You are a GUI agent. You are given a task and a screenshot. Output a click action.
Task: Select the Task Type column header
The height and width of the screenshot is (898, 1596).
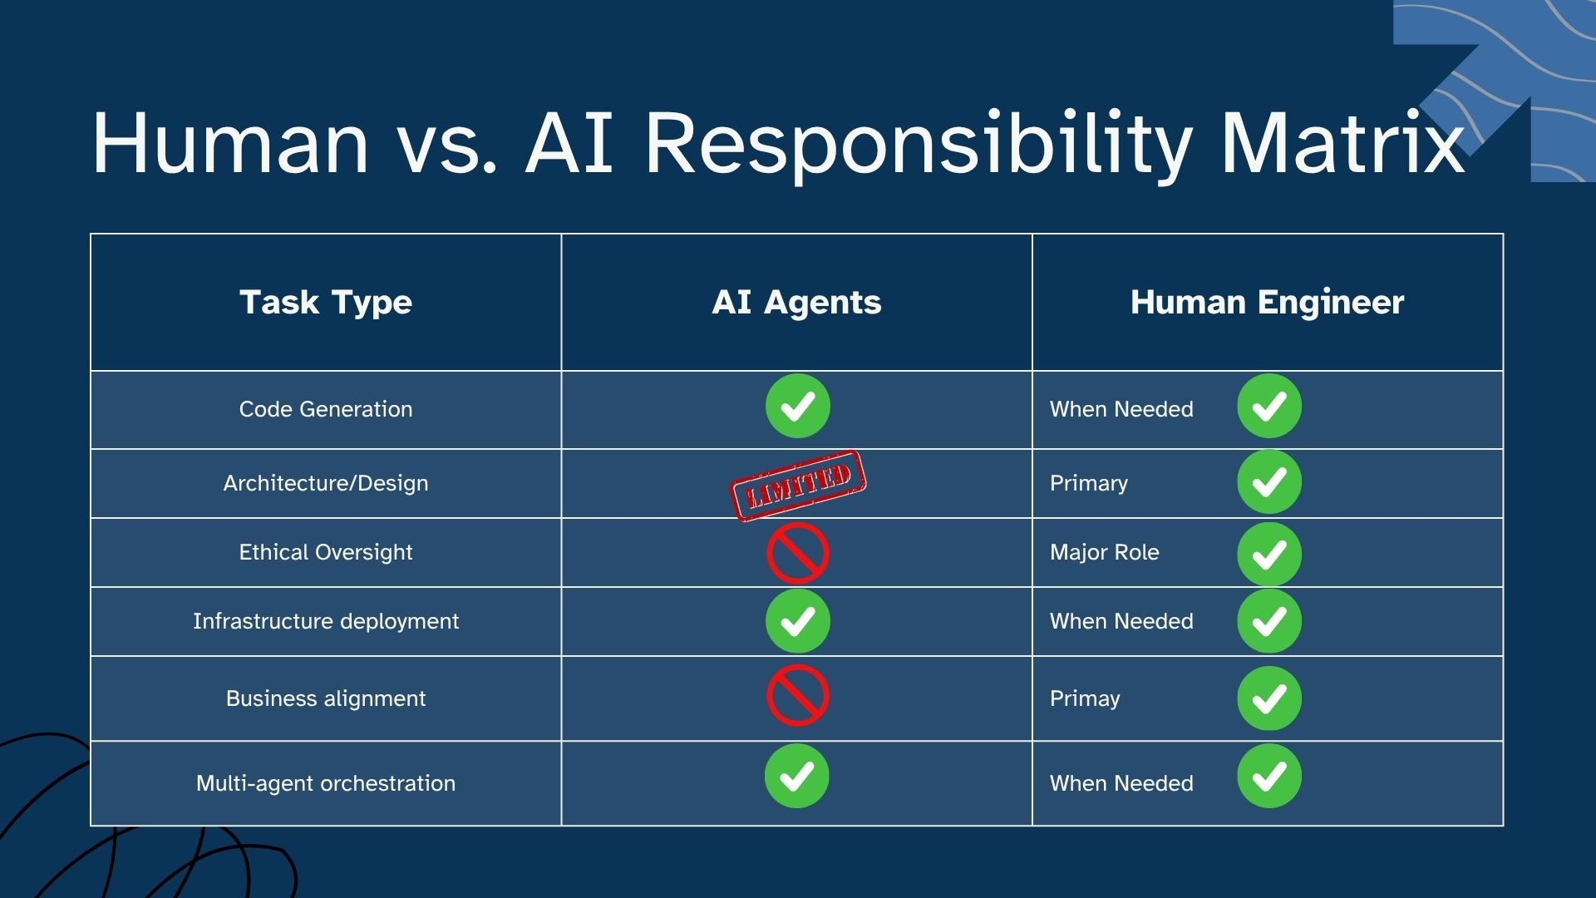[326, 303]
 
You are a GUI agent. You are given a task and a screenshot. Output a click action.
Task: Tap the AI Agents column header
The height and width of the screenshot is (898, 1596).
[796, 303]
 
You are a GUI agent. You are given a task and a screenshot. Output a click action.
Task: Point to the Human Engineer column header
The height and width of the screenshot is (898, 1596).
[1267, 303]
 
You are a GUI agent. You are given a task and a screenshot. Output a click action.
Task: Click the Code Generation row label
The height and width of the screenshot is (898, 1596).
[326, 409]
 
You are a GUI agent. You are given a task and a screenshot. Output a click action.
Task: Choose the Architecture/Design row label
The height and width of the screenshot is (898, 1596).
[326, 483]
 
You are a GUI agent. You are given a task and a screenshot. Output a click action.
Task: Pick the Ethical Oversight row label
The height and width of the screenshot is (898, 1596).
[326, 552]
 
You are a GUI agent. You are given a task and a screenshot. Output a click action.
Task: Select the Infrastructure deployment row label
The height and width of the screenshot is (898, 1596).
[326, 621]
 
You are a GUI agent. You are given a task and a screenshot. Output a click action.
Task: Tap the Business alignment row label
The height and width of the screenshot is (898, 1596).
[326, 698]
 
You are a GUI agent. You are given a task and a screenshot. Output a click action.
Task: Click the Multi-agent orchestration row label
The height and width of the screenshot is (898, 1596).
[326, 783]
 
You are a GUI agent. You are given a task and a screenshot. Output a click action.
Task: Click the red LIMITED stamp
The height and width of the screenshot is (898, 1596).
[798, 486]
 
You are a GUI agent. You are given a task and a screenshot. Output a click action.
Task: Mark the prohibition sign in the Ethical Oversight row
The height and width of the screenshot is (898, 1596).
[798, 553]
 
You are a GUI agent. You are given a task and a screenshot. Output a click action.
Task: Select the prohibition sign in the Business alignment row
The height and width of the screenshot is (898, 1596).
[798, 695]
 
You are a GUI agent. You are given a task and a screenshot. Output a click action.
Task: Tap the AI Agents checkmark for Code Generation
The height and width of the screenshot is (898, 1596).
[798, 406]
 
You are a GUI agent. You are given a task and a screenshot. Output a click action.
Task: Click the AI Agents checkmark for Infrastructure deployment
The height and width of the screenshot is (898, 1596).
[798, 621]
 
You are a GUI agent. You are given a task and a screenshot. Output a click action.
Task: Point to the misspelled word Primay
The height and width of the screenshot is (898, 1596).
[1085, 698]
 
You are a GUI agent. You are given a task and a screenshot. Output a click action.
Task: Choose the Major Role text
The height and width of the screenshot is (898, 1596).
[1104, 552]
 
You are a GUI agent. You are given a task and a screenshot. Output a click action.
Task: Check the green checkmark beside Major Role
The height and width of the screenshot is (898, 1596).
[1269, 554]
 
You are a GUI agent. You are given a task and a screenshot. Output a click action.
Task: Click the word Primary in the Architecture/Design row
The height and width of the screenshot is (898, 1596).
[1089, 483]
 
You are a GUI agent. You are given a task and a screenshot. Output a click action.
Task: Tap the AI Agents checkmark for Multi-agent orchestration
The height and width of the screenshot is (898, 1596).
[797, 776]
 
